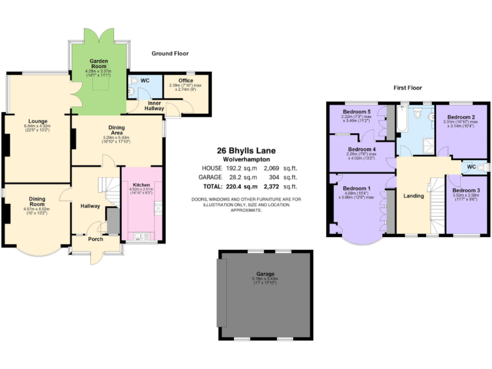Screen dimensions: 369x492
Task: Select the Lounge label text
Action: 37,120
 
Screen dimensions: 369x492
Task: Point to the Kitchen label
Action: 141,184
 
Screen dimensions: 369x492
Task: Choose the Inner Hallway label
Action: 154,106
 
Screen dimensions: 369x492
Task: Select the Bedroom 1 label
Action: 356,188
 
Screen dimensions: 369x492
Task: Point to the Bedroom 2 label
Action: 461,117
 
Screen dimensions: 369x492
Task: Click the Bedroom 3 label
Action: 465,191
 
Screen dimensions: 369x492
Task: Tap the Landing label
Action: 413,196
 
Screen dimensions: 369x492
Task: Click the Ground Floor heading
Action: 170,54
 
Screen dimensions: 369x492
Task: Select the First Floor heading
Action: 407,88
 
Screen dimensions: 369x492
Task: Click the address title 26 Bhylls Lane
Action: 246,151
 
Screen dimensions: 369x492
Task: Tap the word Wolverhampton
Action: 246,159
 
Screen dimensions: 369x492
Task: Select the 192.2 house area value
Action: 238,168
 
